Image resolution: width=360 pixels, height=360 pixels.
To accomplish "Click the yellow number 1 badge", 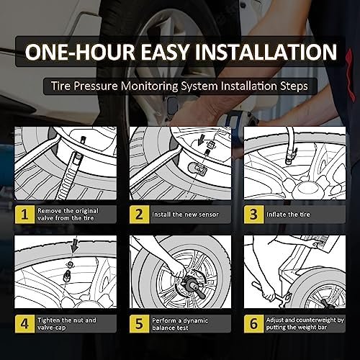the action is [x=24, y=215].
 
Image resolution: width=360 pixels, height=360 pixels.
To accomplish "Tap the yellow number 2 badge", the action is [x=140, y=215].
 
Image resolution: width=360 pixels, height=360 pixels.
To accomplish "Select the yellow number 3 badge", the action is [x=254, y=215].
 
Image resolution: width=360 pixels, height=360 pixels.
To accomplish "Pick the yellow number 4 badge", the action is [x=24, y=323].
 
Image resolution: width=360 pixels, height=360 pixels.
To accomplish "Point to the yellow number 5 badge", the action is [x=140, y=323].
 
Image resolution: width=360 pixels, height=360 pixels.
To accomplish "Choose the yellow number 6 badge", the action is [x=254, y=323].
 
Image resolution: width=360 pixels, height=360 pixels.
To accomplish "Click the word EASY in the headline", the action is [x=165, y=52].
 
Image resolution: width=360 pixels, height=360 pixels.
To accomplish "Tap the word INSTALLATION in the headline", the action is [x=266, y=52].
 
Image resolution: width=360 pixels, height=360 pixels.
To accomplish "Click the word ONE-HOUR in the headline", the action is [x=80, y=52].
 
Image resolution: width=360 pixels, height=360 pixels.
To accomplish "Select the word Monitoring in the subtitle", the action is [x=150, y=86].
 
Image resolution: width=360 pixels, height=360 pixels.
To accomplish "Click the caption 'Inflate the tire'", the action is [x=288, y=215].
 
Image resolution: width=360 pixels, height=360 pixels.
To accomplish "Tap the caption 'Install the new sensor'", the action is [x=185, y=215].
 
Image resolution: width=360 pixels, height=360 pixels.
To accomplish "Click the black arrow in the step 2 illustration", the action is [x=201, y=140].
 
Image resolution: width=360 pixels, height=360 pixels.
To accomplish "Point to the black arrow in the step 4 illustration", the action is [x=75, y=246].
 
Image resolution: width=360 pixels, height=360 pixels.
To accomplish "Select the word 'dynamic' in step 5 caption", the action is [x=196, y=320].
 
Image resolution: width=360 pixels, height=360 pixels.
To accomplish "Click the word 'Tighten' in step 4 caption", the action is [x=49, y=320].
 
